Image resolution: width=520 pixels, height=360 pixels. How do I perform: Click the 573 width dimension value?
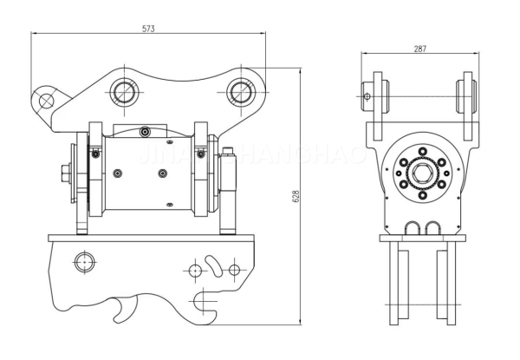[148, 28]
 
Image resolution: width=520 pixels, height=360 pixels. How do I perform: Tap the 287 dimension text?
[419, 49]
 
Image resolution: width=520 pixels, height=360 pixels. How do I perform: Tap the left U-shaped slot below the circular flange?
[411, 228]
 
